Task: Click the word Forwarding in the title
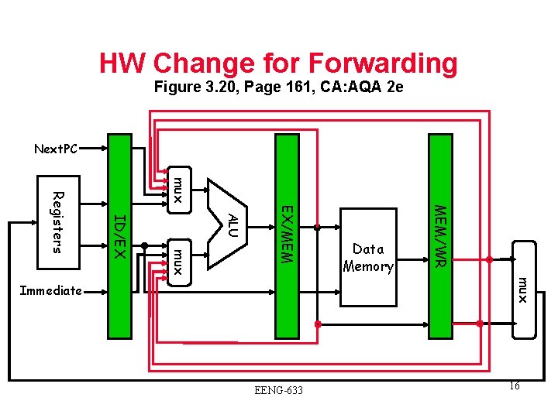tap(383, 63)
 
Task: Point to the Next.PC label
tap(56, 149)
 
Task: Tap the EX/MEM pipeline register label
tap(286, 234)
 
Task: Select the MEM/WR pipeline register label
tap(439, 235)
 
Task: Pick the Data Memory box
tap(368, 258)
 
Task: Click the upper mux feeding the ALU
tap(177, 190)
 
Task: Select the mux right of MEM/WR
tap(523, 289)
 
